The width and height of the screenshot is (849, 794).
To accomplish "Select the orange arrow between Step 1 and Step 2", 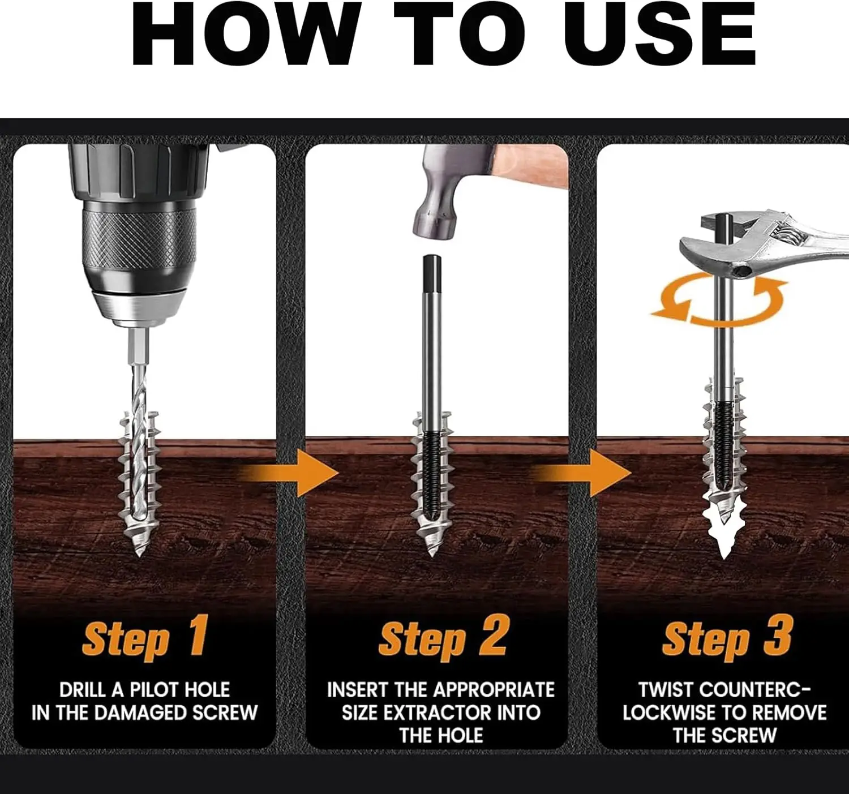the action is tap(289, 473).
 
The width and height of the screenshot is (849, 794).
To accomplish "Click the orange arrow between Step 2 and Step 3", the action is tap(581, 473).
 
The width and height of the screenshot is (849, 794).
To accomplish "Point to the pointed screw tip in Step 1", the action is tap(139, 552).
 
